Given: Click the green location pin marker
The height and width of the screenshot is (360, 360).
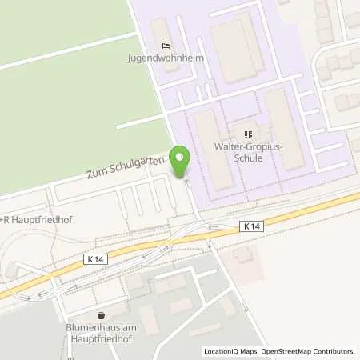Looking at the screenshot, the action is point(180,162).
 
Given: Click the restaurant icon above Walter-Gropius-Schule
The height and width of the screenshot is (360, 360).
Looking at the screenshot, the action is point(248,134).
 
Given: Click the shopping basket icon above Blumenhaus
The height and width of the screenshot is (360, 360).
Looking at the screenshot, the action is point(101,316).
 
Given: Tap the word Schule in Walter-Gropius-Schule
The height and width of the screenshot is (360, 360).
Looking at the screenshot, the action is point(248,158).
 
